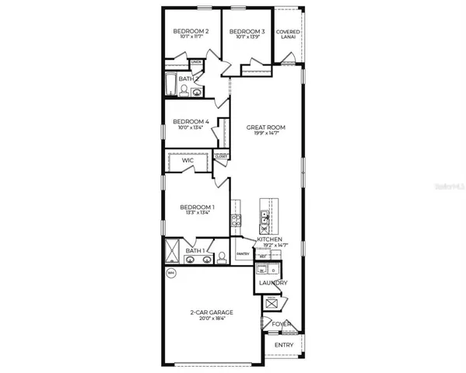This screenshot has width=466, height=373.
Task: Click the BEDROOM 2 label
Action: pyautogui.click(x=191, y=30)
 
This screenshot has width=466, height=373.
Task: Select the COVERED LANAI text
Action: pyautogui.click(x=289, y=34)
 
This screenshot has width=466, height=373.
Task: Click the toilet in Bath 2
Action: pyautogui.click(x=184, y=91)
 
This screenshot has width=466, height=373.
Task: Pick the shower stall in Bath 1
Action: pyautogui.click(x=173, y=251)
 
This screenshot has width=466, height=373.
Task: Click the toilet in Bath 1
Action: pyautogui.click(x=220, y=256)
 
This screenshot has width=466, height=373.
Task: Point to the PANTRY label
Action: pyautogui.click(x=242, y=253)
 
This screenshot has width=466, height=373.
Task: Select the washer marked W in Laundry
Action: pyautogui.click(x=261, y=271)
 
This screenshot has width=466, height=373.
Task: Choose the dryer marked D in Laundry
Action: pyautogui.click(x=273, y=271)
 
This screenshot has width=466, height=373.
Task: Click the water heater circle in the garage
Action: pyautogui.click(x=171, y=273)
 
